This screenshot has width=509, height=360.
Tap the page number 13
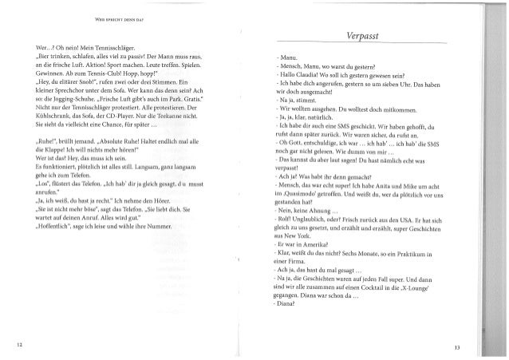(457, 347)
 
